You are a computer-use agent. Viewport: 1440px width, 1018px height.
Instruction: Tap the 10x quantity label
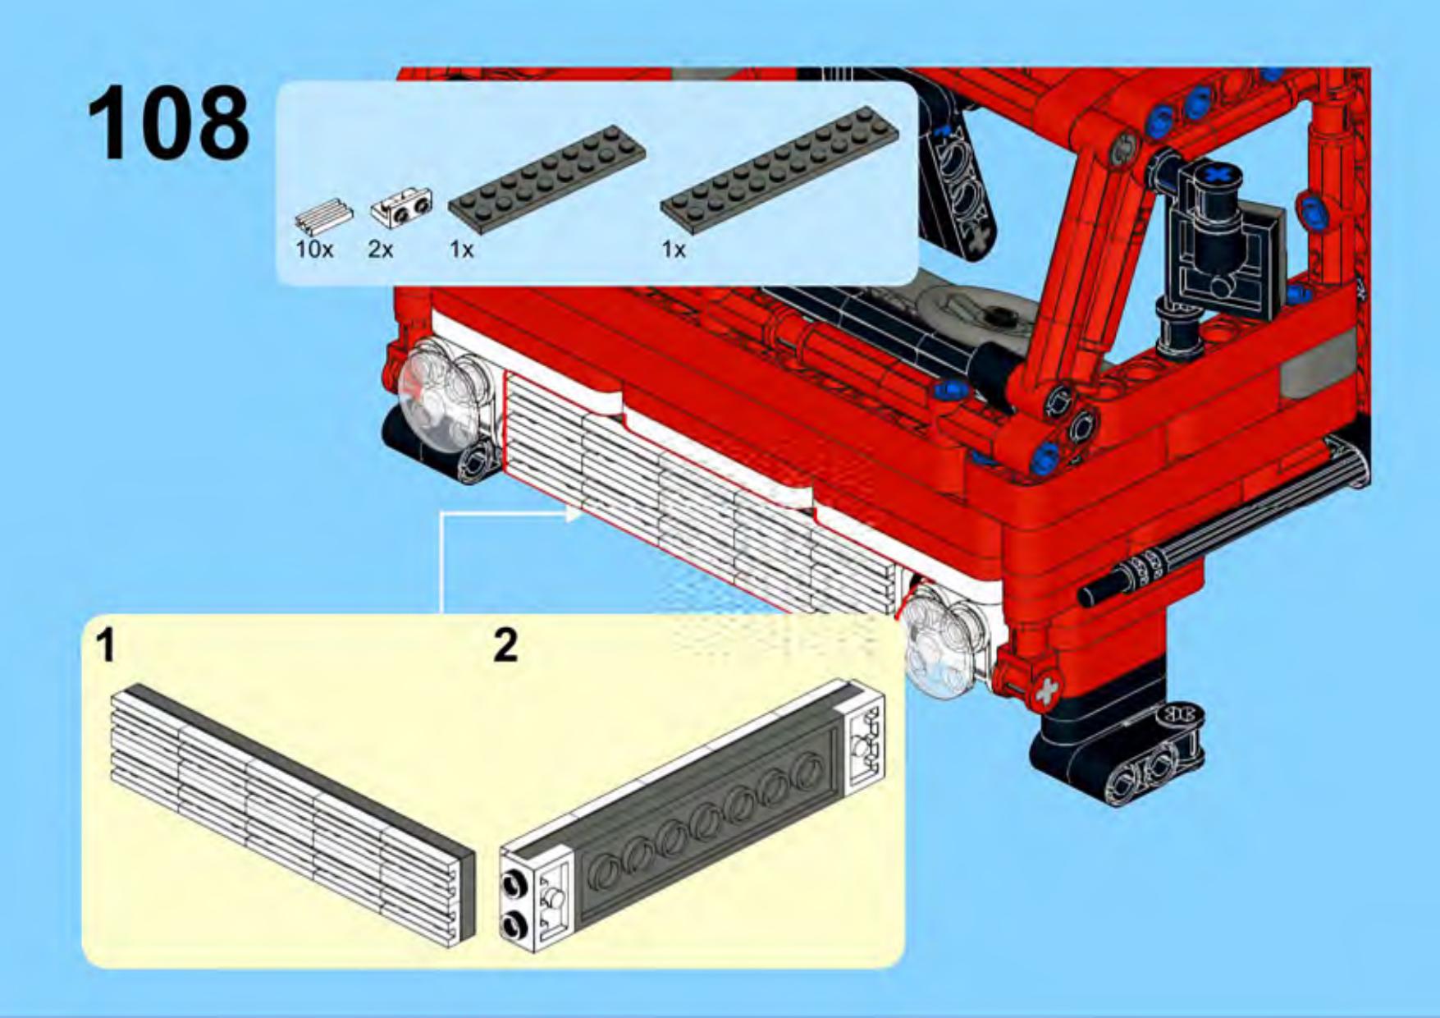pos(314,249)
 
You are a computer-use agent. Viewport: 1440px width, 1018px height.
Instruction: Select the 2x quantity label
pos(380,249)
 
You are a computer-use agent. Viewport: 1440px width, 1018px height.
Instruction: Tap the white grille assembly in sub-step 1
pos(292,814)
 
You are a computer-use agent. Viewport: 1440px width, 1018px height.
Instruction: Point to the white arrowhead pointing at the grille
pos(572,514)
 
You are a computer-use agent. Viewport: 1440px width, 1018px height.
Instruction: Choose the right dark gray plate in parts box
pos(779,172)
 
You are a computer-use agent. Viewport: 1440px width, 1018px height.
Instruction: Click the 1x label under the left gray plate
pos(462,249)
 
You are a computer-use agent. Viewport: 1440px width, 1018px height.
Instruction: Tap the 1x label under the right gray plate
pos(674,249)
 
